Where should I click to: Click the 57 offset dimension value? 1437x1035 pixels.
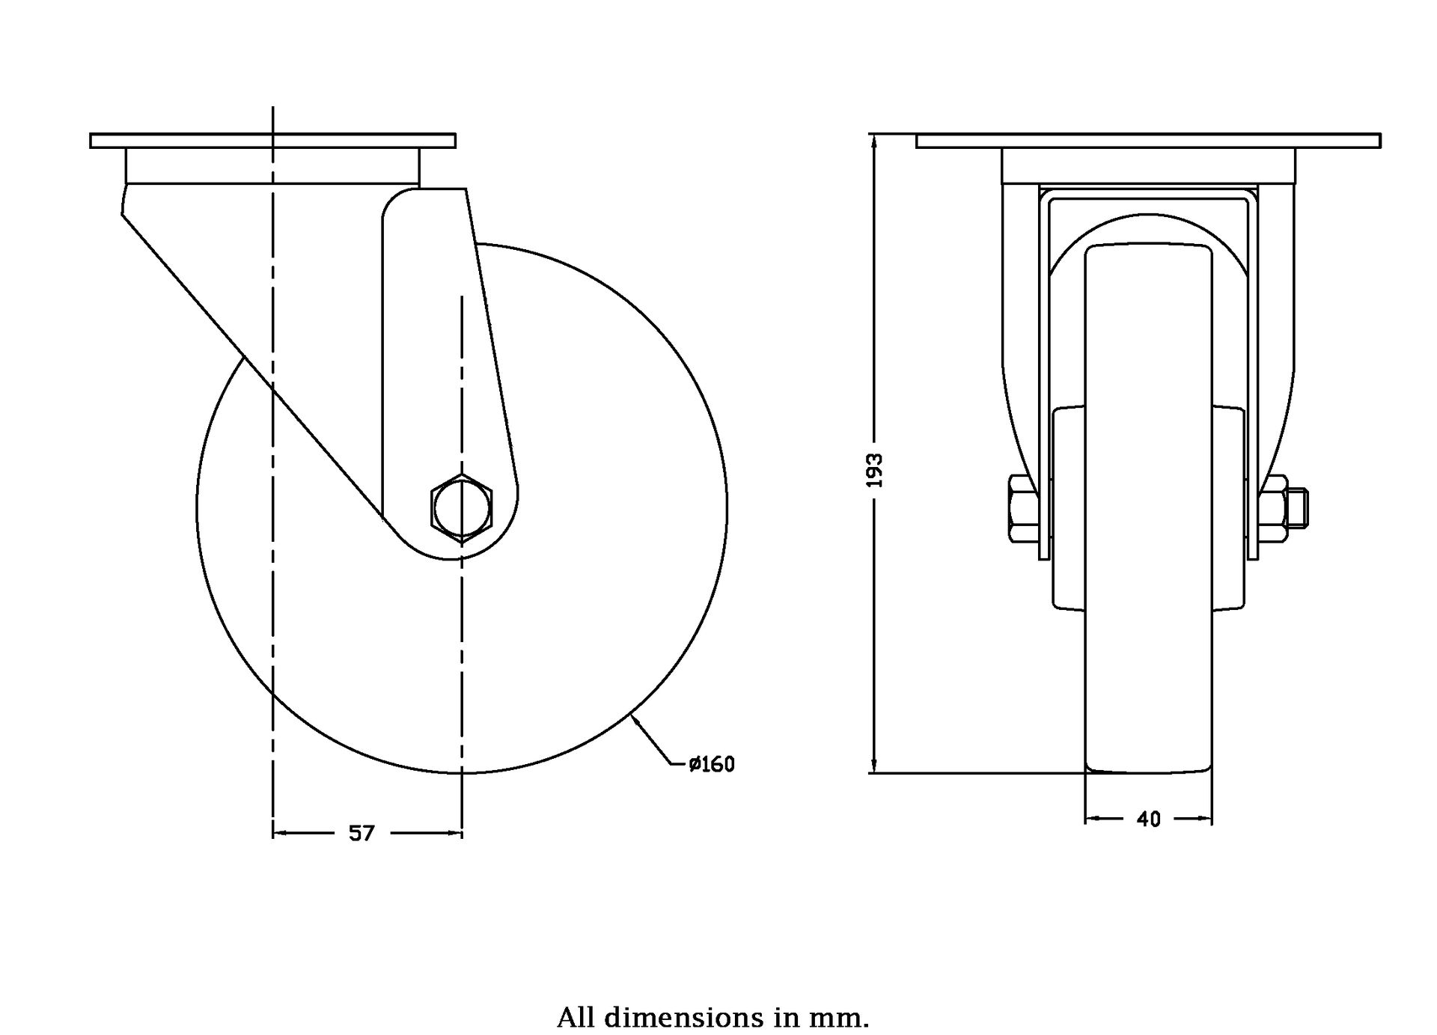(x=361, y=833)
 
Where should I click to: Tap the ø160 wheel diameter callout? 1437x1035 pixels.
(x=712, y=764)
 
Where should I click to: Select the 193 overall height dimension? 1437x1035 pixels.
(x=875, y=470)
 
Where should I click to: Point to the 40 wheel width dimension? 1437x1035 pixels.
(x=1148, y=819)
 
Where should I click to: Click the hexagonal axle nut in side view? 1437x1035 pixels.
(x=461, y=507)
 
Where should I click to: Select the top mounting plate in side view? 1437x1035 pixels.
(x=272, y=141)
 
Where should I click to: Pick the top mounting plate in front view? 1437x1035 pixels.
(x=1148, y=141)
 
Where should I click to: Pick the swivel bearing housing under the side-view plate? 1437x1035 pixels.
(x=272, y=167)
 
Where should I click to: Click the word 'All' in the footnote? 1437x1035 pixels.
(x=577, y=1018)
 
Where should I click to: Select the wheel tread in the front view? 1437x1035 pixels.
(x=1148, y=509)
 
